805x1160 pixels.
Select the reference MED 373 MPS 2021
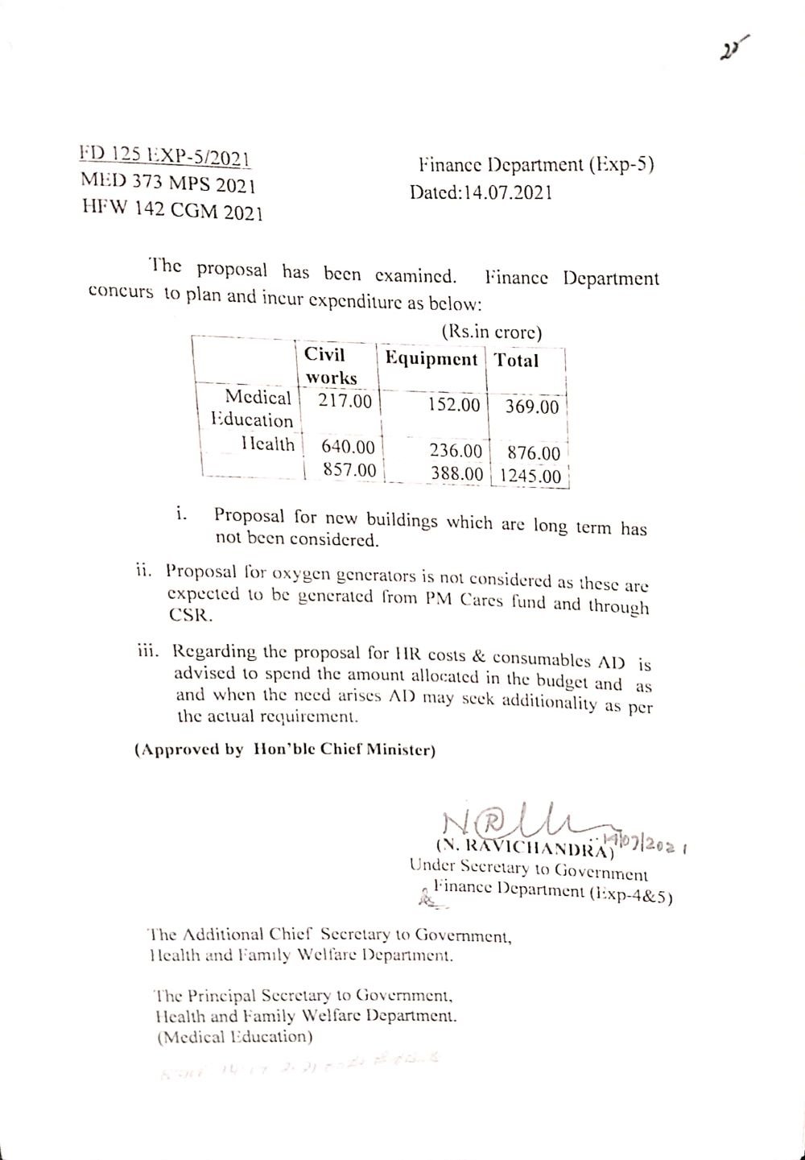click(x=168, y=183)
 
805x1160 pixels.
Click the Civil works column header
click(x=330, y=366)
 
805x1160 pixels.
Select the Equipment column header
click(x=431, y=359)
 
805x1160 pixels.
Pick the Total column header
click(x=517, y=361)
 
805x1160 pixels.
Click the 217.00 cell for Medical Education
click(x=345, y=401)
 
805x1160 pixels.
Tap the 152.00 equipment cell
click(x=454, y=405)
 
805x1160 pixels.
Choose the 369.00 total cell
click(x=531, y=407)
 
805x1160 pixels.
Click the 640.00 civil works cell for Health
click(x=348, y=447)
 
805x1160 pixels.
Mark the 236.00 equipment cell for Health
click(x=455, y=451)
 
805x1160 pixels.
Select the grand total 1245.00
click(x=529, y=476)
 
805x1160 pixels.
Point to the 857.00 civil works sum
click(x=349, y=469)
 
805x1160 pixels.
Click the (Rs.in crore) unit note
click(x=491, y=332)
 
